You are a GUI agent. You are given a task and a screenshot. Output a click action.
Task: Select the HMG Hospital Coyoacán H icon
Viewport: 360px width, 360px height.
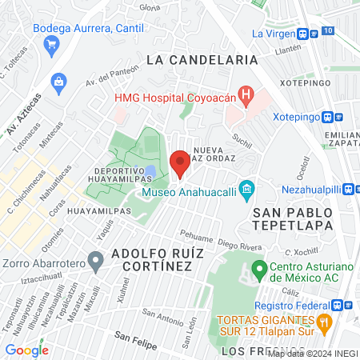(x=246, y=97)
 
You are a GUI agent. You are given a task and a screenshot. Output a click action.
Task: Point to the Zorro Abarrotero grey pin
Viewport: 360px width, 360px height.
(x=95, y=260)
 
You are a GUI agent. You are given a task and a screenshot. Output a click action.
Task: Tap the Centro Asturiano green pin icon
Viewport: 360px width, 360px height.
(x=259, y=268)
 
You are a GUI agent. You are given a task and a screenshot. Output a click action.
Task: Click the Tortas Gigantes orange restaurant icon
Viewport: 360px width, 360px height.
(x=324, y=323)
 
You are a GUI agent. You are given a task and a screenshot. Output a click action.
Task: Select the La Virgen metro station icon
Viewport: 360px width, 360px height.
(x=303, y=34)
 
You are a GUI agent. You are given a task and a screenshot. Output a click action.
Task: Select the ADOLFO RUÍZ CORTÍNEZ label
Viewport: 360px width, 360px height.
(x=151, y=258)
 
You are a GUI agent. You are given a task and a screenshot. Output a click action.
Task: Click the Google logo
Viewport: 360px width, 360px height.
(x=26, y=350)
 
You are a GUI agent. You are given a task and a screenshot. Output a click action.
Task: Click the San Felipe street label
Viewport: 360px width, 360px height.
(x=133, y=335)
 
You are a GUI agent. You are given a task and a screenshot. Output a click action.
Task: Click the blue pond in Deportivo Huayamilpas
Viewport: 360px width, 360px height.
(x=150, y=172)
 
